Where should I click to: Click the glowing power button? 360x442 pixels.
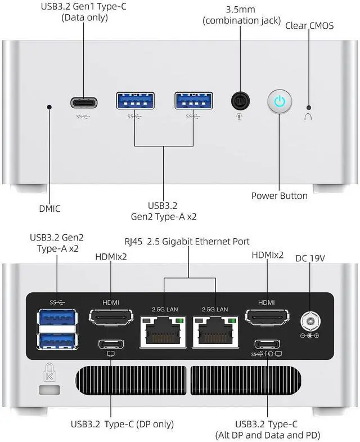(280, 101)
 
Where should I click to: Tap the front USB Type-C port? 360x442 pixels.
(84, 102)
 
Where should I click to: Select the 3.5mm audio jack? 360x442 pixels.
(240, 101)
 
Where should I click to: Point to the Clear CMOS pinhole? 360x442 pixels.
(309, 108)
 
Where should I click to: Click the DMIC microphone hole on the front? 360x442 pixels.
(49, 107)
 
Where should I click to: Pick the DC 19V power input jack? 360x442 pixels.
(310, 321)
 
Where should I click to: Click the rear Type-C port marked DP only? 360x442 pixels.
(111, 344)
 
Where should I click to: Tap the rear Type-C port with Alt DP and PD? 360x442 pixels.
(267, 344)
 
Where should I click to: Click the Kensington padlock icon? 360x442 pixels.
(49, 372)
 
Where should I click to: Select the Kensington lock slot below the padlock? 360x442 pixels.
(49, 390)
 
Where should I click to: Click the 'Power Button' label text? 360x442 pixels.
(279, 195)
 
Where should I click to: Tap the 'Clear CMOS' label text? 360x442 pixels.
(309, 26)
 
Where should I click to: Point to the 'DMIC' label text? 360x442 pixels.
(49, 208)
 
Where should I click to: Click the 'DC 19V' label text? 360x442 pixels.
(310, 258)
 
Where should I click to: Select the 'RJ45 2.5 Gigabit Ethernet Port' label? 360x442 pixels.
(187, 242)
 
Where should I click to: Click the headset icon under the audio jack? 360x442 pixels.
(239, 117)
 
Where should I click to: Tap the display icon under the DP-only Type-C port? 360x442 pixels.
(111, 354)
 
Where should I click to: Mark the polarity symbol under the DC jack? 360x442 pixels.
(309, 336)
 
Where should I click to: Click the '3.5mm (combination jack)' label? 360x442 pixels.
(242, 15)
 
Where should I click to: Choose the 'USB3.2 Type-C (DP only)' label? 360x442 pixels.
(122, 424)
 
